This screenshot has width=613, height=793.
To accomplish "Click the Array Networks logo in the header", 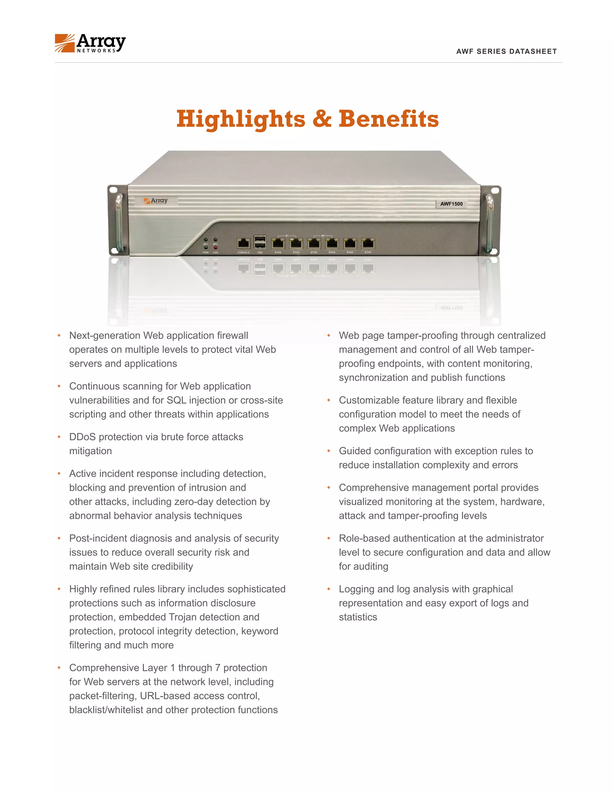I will tap(90, 43).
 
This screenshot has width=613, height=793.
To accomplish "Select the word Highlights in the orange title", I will tap(241, 119).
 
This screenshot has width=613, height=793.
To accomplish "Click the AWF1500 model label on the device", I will tap(451, 204).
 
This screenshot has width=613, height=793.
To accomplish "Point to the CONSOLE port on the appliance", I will tap(243, 244).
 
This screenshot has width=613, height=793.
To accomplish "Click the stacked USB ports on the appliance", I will tap(260, 242).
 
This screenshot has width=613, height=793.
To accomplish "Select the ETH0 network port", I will tap(278, 244).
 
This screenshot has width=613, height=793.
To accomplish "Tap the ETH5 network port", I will tap(368, 244).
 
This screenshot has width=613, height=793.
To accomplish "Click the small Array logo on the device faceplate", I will tap(156, 201).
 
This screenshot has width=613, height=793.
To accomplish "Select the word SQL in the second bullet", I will tap(176, 400).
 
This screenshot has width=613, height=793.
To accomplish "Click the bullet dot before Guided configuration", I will tap(329, 451).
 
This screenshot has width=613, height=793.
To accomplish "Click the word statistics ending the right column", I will tap(358, 617).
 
